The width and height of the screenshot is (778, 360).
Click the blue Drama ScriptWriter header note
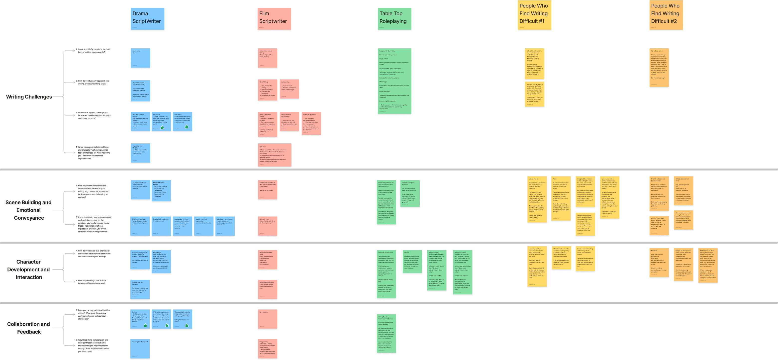pos(147,19)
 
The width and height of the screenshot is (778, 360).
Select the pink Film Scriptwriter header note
pos(274,19)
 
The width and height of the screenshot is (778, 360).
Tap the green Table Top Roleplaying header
pos(394,19)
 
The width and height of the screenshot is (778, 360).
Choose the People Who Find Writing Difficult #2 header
pos(666,15)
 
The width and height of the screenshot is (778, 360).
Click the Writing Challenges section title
pos(29,97)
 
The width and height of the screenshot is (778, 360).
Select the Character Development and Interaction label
pos(29,270)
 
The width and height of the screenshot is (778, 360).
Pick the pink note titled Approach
pos(274,155)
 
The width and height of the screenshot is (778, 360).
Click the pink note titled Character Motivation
pos(311,123)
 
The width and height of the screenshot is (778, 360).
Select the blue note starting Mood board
pos(161,226)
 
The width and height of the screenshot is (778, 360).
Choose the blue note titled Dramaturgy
pos(161,262)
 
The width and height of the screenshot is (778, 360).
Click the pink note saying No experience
pos(268,319)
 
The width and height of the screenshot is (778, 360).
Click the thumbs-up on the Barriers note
pos(145,325)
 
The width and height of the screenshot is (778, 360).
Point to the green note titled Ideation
pos(412,262)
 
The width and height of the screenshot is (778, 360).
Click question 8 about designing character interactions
pos(92,282)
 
